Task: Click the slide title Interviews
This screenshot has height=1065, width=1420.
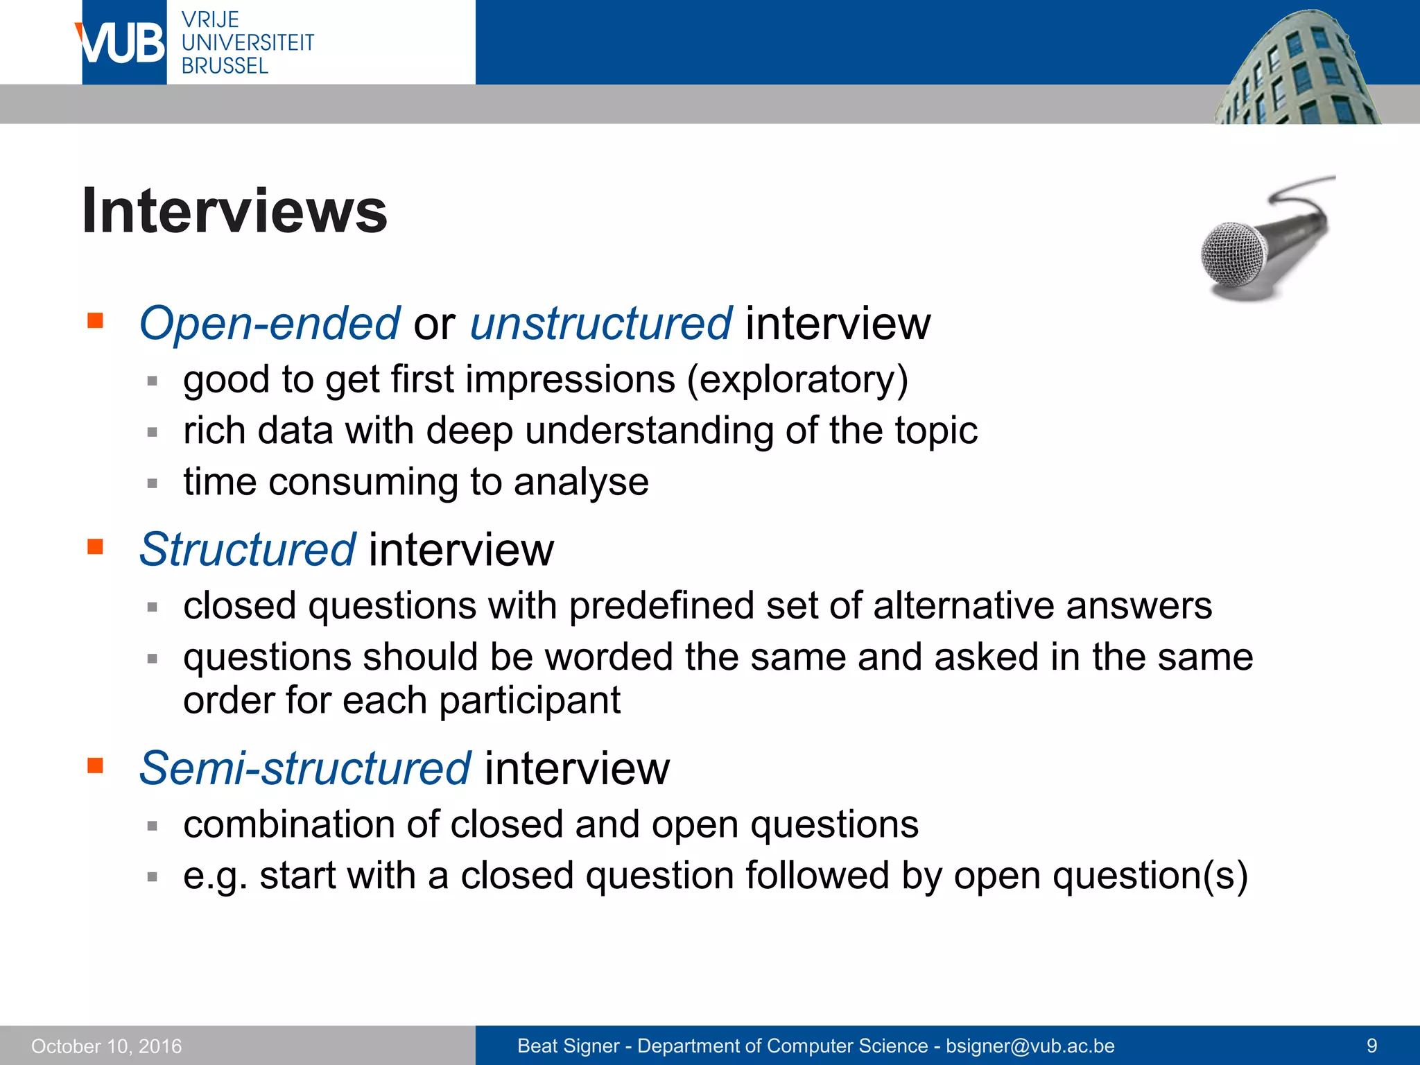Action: (234, 211)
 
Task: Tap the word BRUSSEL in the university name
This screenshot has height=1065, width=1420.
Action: (225, 66)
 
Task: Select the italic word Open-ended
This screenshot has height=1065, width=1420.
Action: (269, 323)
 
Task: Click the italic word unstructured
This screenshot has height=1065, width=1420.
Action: (600, 323)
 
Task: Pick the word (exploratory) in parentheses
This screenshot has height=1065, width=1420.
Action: (797, 380)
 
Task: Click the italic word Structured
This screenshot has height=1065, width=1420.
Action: (248, 549)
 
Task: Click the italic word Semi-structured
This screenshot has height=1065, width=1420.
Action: (305, 768)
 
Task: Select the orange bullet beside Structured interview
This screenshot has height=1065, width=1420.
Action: (95, 547)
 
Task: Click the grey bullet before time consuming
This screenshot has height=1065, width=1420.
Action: (153, 483)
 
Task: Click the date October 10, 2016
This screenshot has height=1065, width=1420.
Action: (107, 1046)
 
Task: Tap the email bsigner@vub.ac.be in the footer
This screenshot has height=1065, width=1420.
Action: (1030, 1046)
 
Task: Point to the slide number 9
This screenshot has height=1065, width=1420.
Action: (1371, 1046)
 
